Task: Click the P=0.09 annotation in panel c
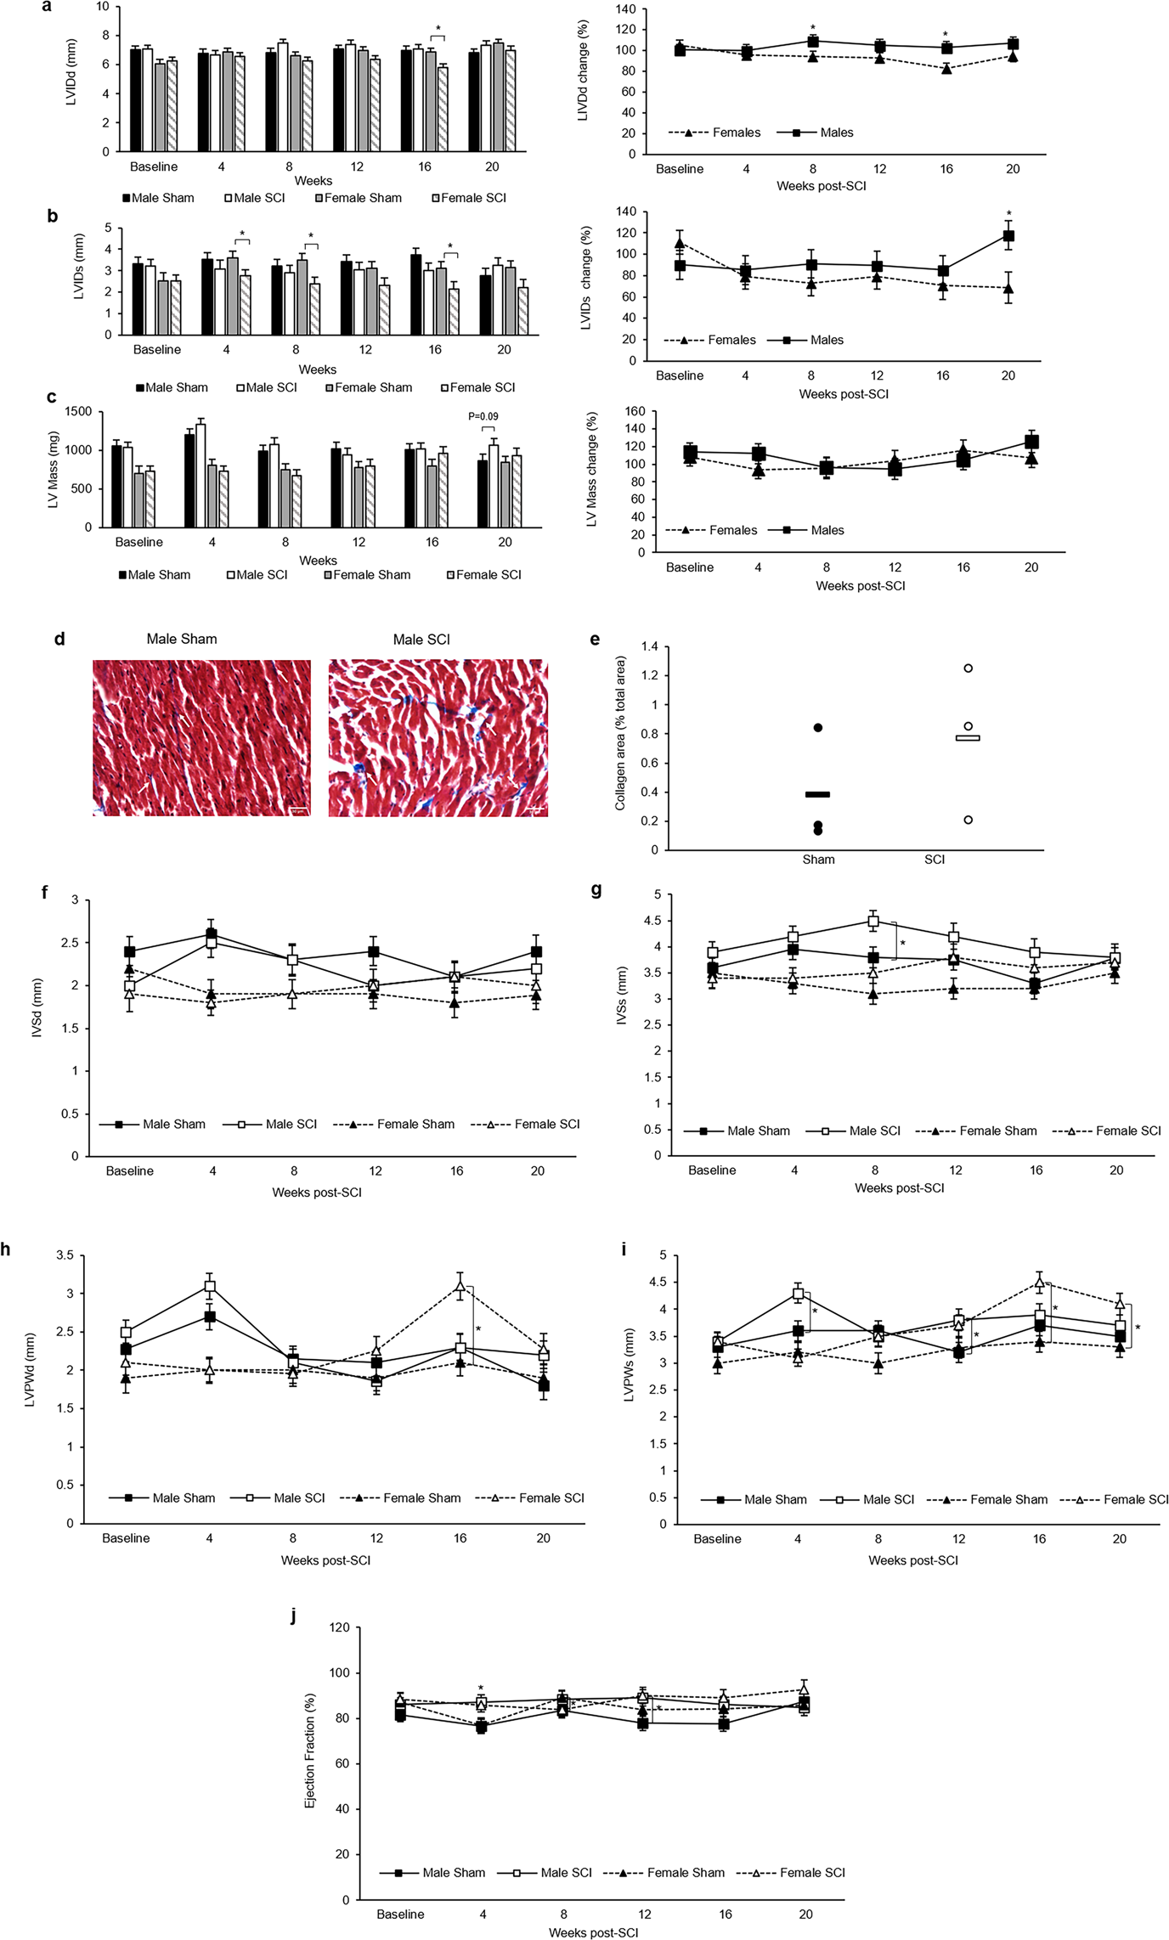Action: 483,417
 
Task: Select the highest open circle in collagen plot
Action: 968,668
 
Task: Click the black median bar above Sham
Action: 817,794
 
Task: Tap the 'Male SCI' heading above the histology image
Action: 421,639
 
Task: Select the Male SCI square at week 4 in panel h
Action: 209,1287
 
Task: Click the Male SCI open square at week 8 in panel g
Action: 873,921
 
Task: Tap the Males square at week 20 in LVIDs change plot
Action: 1008,236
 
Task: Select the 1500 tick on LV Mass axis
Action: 78,411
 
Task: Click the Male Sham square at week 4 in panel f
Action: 211,934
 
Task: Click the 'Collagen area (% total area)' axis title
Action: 621,732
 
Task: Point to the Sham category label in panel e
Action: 818,860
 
